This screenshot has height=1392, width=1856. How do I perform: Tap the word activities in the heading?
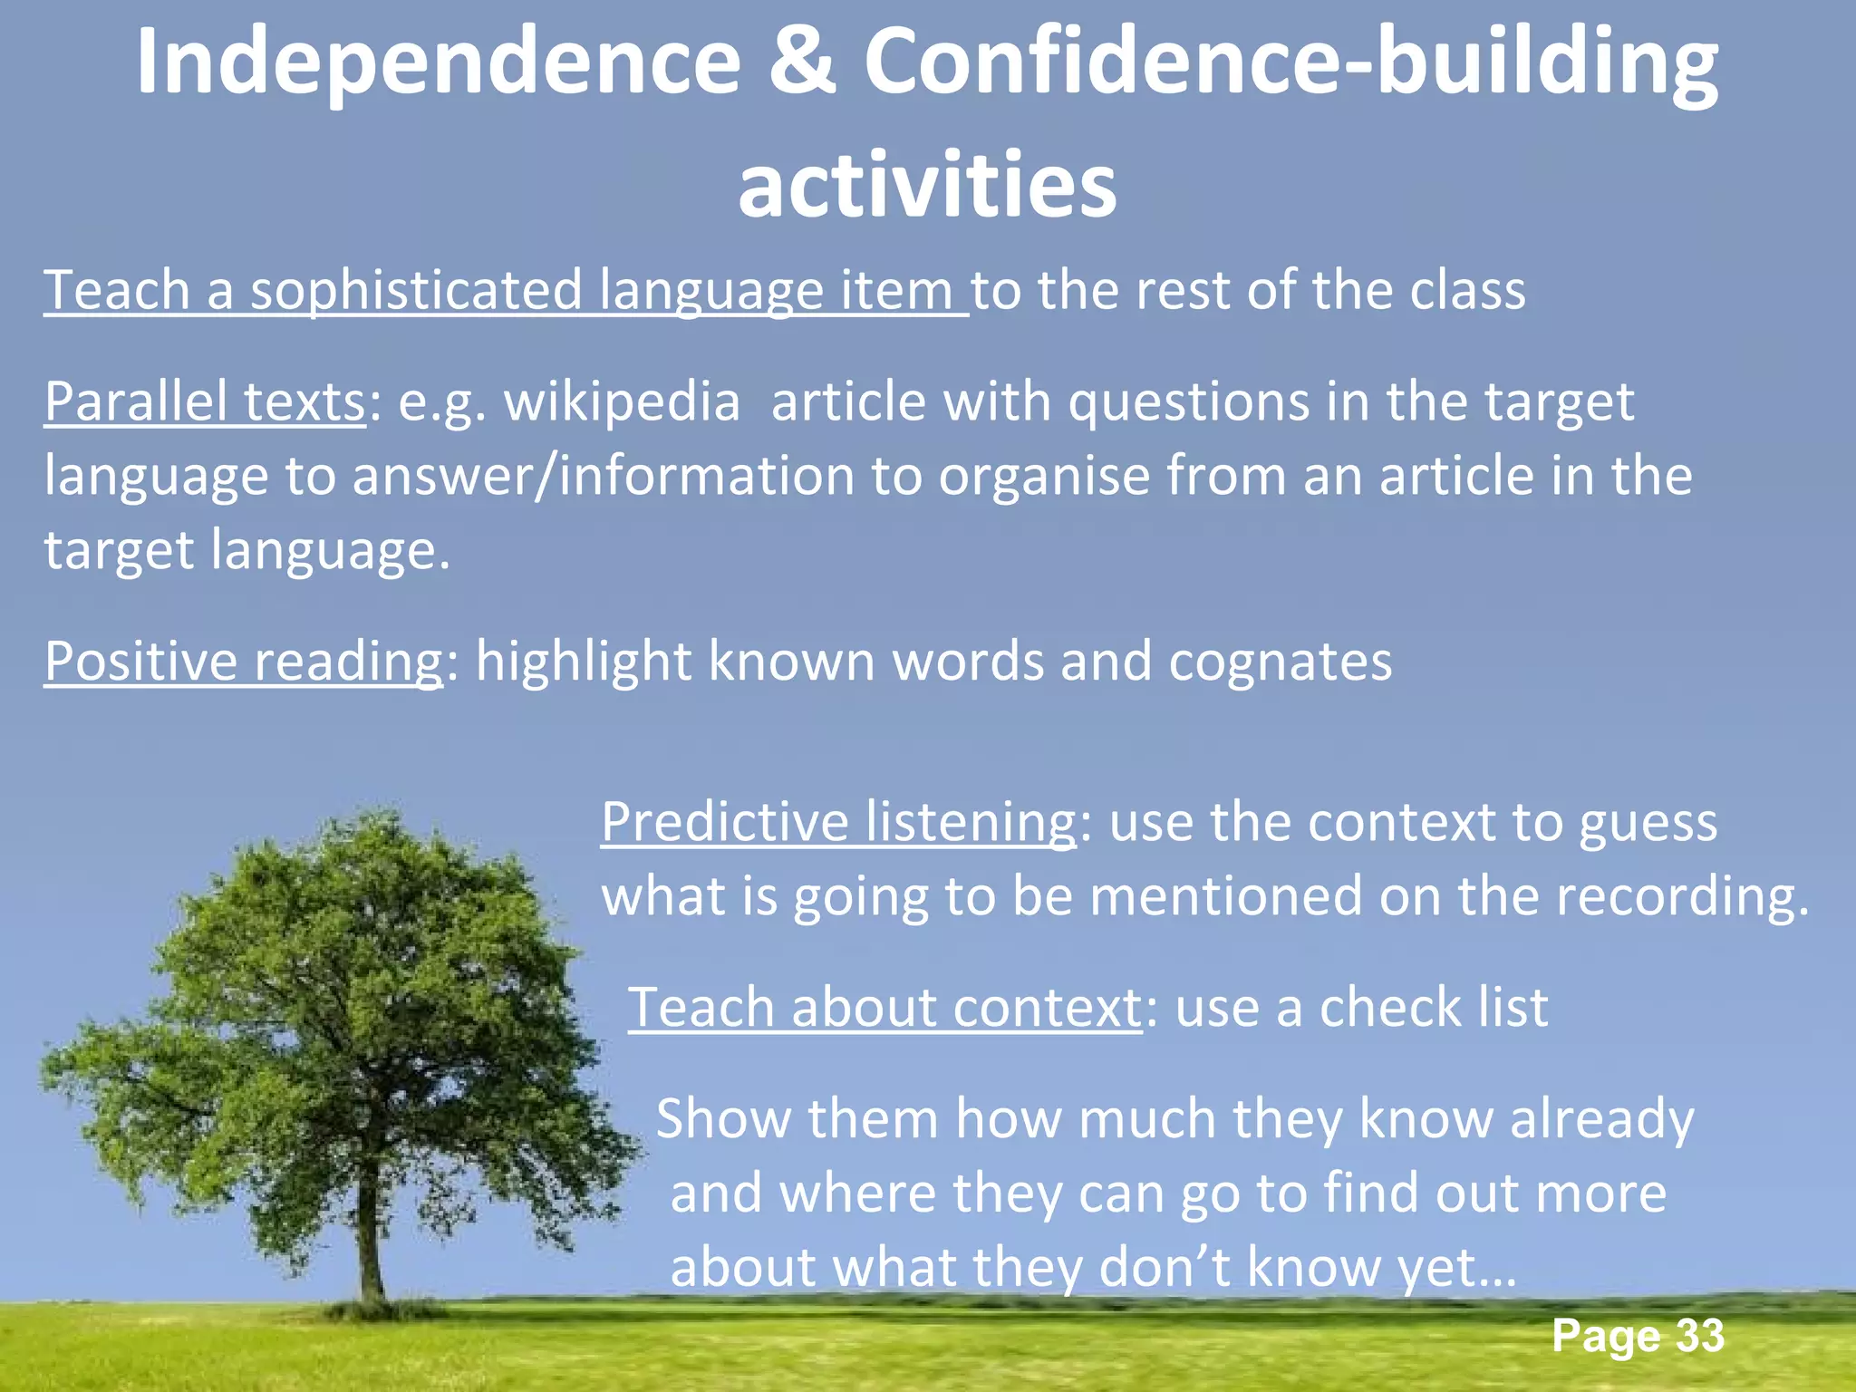[x=927, y=186]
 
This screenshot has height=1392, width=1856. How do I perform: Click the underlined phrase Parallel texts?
[x=205, y=401]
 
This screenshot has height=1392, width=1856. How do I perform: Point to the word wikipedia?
[x=622, y=401]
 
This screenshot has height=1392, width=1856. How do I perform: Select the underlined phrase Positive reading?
[x=243, y=661]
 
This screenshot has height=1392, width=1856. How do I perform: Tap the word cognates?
[x=1280, y=661]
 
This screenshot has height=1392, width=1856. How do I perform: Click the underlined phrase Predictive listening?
[x=838, y=822]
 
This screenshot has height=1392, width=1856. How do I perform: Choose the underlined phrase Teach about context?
[x=884, y=1007]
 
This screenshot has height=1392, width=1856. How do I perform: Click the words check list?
[x=1434, y=1007]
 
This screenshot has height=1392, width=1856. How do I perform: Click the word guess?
[x=1648, y=824]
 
